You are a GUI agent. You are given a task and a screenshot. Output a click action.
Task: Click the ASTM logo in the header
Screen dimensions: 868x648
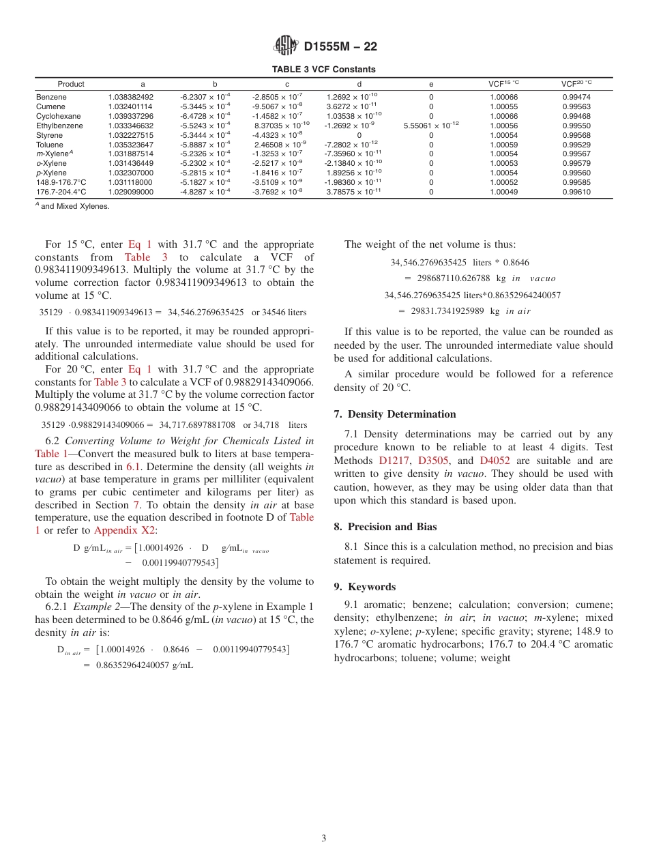(285, 46)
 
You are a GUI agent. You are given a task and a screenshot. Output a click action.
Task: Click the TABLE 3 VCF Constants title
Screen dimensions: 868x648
(323, 70)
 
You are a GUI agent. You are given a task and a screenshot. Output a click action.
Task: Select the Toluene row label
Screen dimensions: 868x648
(49, 145)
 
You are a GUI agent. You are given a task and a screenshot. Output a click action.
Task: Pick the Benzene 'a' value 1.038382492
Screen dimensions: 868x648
(130, 97)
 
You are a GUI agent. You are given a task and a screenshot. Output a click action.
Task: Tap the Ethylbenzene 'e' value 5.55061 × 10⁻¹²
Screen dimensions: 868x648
(431, 126)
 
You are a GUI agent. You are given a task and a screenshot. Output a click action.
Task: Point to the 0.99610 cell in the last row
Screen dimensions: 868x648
(576, 192)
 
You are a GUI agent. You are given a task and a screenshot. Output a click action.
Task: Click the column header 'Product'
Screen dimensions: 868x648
(71, 84)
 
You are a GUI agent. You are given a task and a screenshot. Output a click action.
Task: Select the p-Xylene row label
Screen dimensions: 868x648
(51, 173)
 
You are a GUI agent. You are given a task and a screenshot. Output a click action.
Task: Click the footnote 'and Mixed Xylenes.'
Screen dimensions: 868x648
(74, 206)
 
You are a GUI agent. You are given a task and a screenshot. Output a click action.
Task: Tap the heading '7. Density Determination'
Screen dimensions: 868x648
(395, 414)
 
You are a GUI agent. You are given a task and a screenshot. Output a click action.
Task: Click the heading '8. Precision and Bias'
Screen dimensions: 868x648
(385, 527)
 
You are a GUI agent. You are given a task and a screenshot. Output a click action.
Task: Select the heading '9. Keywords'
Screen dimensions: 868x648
(364, 587)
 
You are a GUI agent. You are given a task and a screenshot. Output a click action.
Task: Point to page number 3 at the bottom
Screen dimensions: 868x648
(324, 838)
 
